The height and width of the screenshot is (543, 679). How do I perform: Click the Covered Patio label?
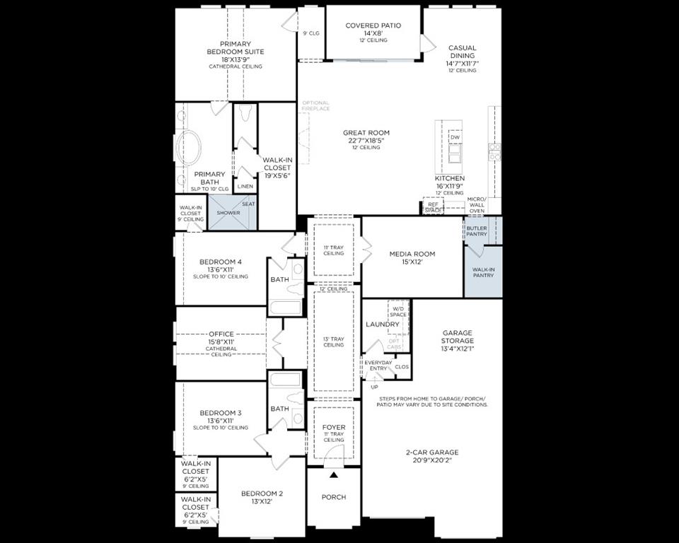tap(373, 25)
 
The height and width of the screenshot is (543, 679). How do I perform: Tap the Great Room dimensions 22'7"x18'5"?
tap(366, 140)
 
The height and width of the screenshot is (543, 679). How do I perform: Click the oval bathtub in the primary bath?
tap(189, 148)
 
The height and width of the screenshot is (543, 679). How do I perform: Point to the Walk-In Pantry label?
tap(483, 271)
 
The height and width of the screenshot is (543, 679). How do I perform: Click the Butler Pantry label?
tap(476, 230)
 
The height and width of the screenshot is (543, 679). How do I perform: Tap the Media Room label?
tap(412, 254)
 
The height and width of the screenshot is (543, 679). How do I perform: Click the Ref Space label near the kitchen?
tap(433, 206)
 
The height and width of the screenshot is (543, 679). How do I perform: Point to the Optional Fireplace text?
tap(315, 105)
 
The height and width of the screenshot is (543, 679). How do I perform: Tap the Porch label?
tap(334, 497)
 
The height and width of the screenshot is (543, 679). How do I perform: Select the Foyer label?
tap(334, 428)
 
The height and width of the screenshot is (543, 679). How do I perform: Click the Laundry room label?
tap(383, 325)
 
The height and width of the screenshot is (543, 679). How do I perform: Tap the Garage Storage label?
tap(458, 337)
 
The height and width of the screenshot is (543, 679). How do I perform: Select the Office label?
tap(221, 334)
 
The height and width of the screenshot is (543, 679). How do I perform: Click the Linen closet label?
tap(245, 187)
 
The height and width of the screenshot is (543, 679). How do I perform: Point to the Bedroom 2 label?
tap(262, 494)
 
